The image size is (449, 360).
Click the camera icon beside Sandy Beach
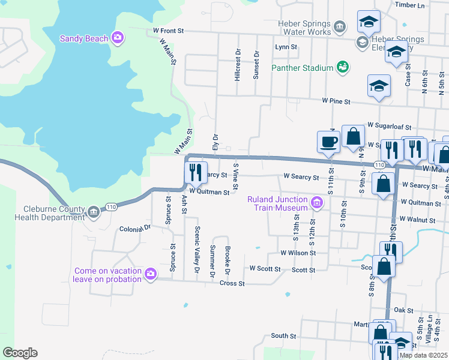tap(118, 38)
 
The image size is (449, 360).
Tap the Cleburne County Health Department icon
tap(93, 212)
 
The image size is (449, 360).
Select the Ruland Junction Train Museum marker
tap(316, 203)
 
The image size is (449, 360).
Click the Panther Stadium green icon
tap(343, 68)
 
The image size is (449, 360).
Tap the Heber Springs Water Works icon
tap(340, 26)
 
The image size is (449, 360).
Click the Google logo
tap(20, 353)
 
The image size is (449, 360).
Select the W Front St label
tap(168, 29)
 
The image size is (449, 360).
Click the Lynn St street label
tap(286, 47)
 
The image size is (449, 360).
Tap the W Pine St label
tap(336, 101)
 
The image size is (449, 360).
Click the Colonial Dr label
tap(134, 229)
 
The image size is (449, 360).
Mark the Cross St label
tap(232, 283)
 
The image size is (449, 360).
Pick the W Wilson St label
tap(298, 253)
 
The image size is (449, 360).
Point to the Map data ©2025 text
tap(423, 355)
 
